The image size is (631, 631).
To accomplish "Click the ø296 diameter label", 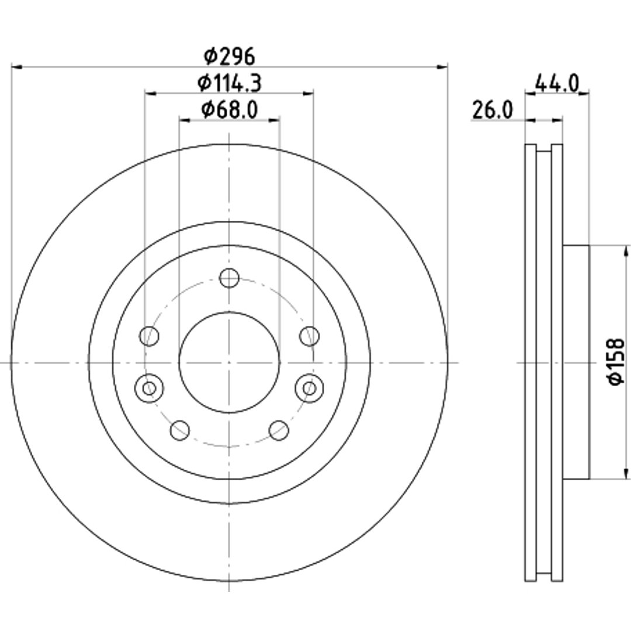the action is click(230, 56).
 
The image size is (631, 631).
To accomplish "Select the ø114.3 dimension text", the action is click(230, 84).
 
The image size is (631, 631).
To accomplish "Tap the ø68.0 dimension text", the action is click(230, 109).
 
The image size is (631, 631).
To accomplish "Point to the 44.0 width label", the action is click(557, 84).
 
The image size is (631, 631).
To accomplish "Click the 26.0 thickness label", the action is click(493, 110).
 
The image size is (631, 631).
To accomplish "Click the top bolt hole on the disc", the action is click(230, 278).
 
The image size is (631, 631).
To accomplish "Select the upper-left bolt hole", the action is click(150, 336).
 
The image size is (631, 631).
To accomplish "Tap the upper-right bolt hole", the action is click(310, 336).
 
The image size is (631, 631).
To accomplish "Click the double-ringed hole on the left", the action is click(150, 389).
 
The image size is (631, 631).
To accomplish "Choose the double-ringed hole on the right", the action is click(310, 389).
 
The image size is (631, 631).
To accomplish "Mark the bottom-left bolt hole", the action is click(180, 430).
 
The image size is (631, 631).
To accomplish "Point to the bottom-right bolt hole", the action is click(279, 430).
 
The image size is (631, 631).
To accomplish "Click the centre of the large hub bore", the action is click(230, 363).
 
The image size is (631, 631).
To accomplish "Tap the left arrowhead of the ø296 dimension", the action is click(16, 67).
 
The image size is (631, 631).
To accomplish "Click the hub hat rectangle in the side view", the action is click(576, 362).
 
